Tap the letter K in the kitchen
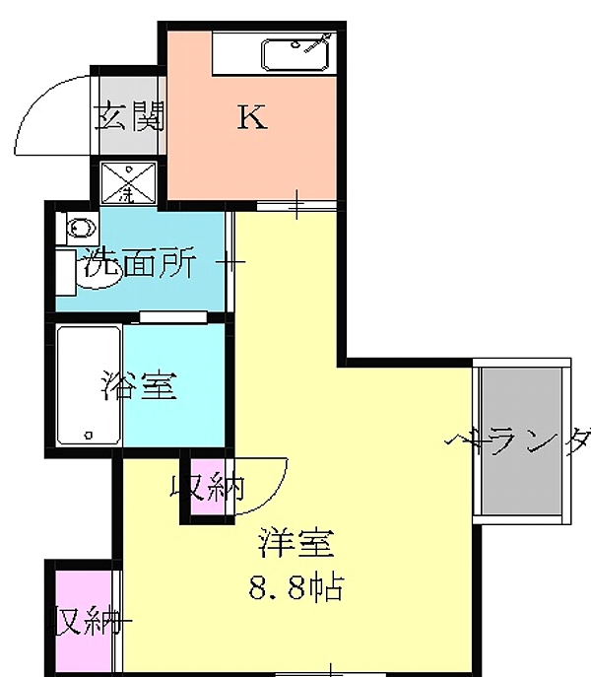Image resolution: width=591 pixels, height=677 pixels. (252, 118)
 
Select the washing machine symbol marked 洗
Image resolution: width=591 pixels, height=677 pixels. (127, 181)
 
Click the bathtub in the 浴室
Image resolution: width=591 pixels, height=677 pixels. (89, 385)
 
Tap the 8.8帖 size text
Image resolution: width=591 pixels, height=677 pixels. (295, 588)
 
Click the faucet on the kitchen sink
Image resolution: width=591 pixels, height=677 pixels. (316, 42)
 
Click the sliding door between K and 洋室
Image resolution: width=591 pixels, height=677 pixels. (295, 204)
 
